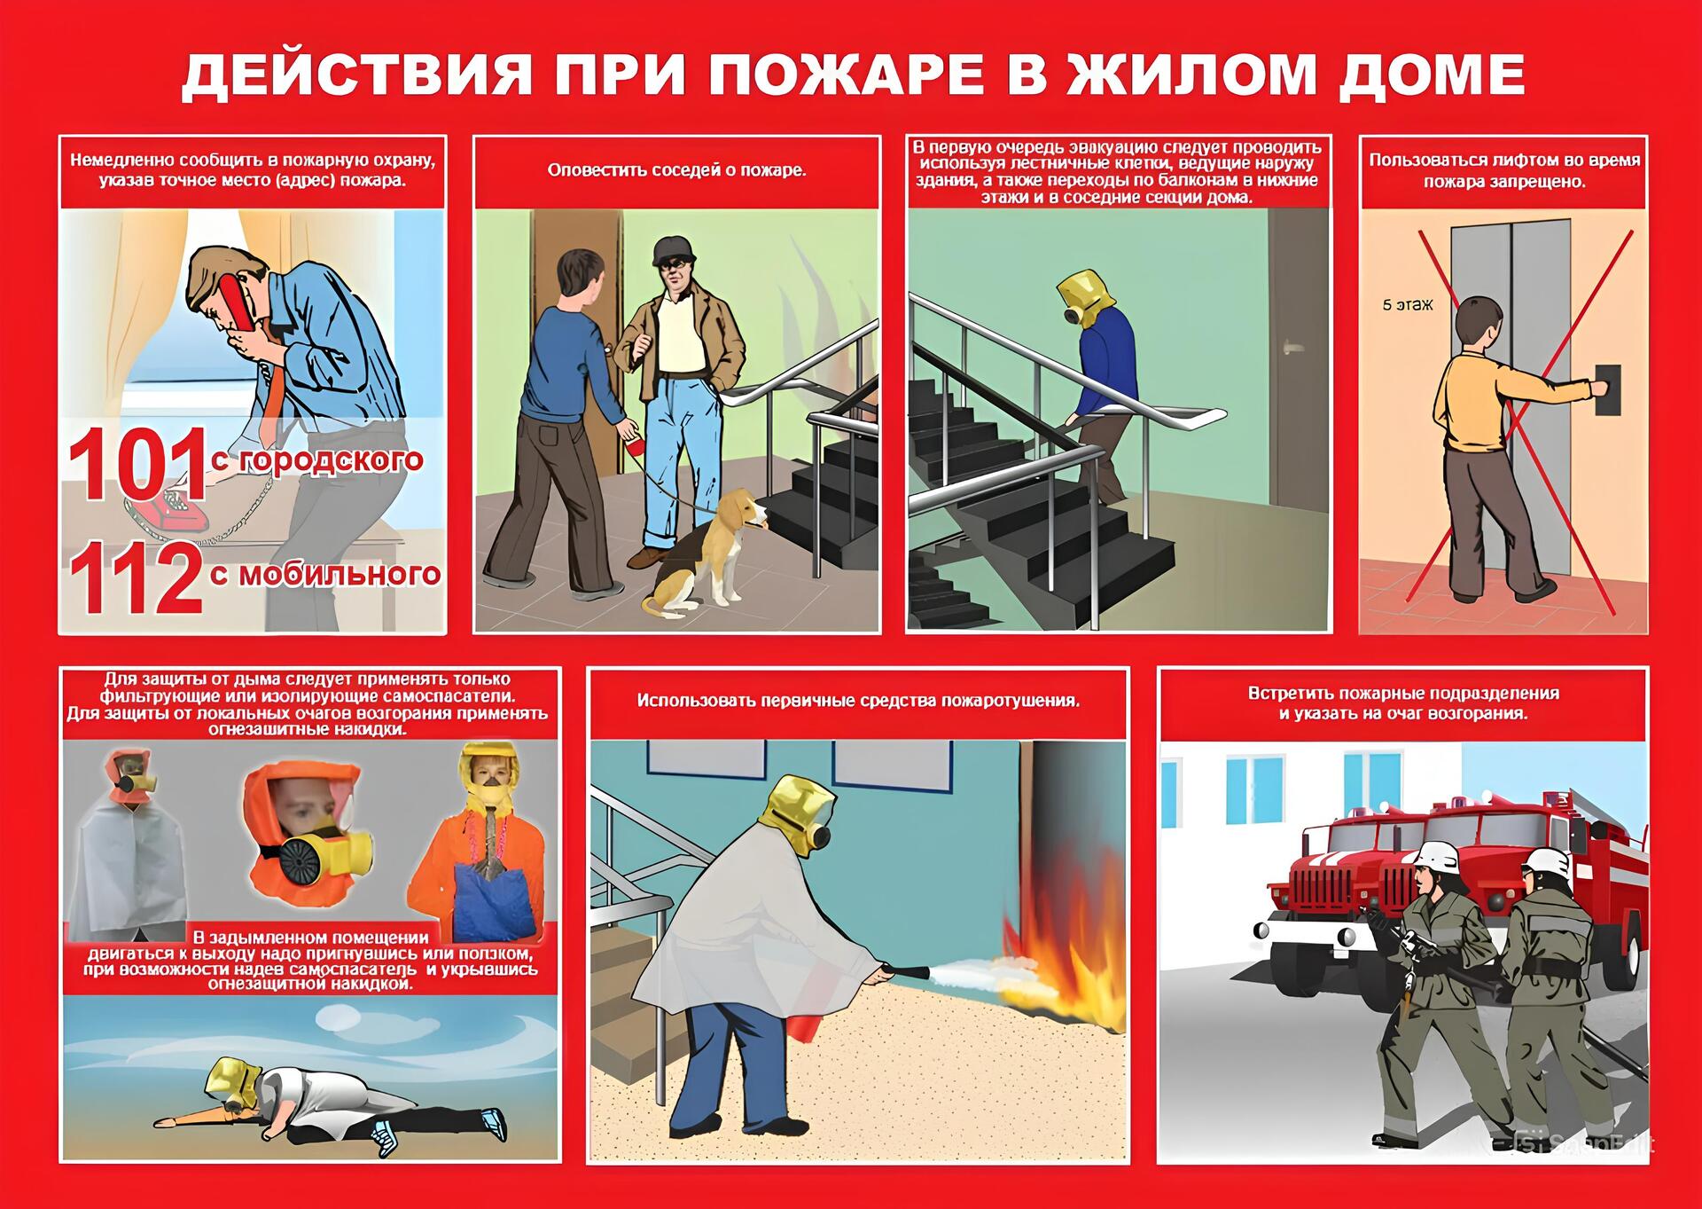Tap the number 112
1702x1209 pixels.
tap(137, 578)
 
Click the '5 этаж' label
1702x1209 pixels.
tap(1408, 304)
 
